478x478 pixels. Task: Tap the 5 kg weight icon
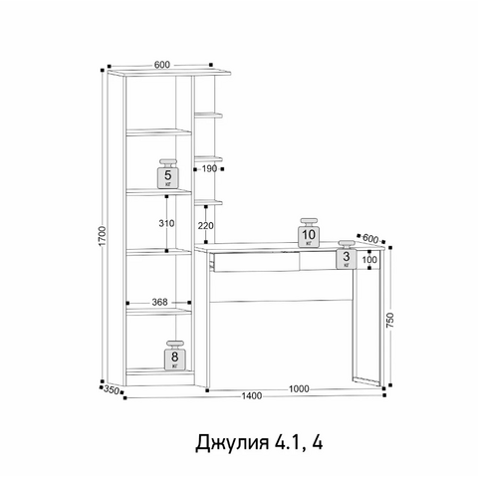tap(168, 174)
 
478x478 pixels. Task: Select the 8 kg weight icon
tap(175, 355)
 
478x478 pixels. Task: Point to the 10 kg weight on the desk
tap(309, 233)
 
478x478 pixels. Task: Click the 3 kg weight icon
tap(347, 254)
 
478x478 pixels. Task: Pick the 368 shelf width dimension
tap(159, 302)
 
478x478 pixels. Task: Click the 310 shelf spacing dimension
tap(166, 223)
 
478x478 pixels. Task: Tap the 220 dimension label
tap(206, 226)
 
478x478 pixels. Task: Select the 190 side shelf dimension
tap(209, 168)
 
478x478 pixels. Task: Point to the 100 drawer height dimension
tap(369, 259)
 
